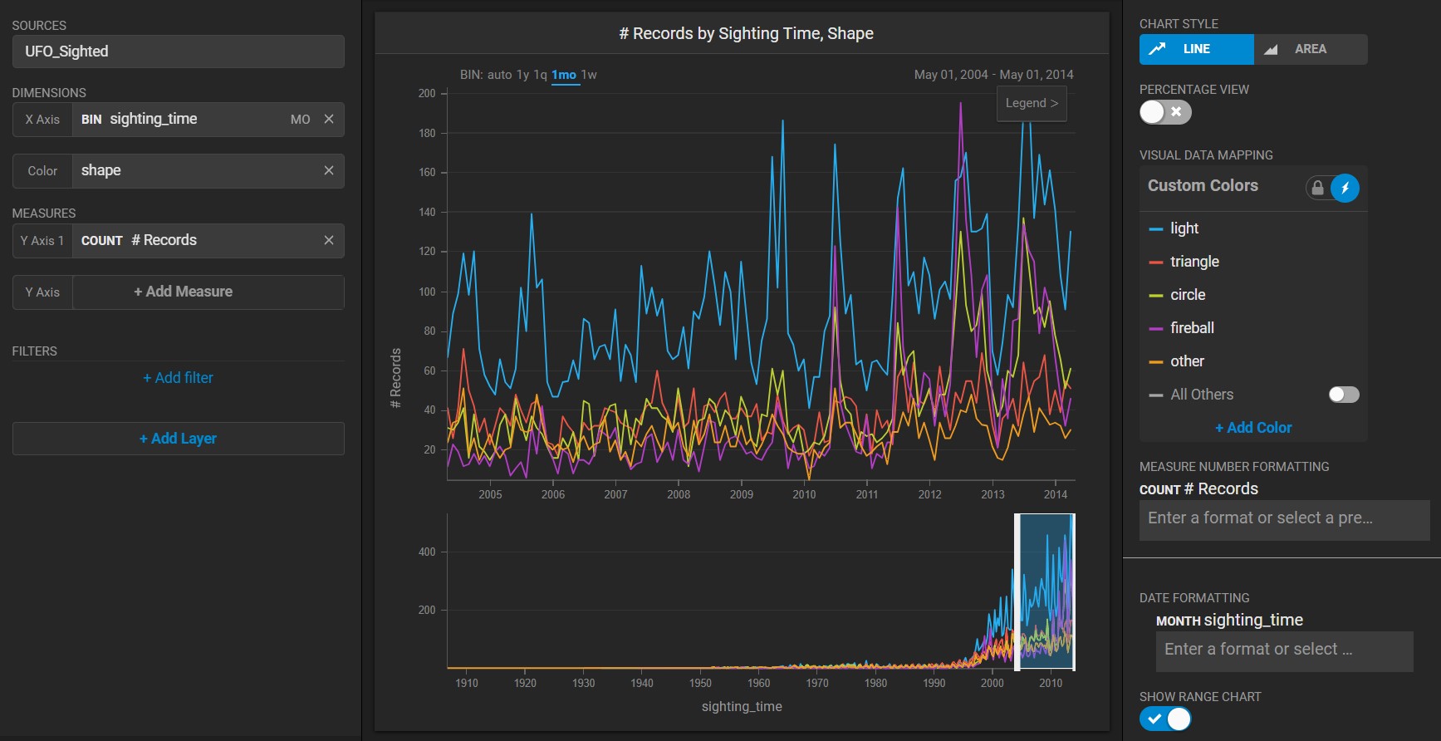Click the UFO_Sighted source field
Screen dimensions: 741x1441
click(x=178, y=52)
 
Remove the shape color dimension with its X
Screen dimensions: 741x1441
click(x=329, y=170)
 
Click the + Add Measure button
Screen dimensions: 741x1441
click(x=183, y=292)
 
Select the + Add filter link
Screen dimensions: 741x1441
click(x=178, y=378)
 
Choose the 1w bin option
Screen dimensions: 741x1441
click(x=589, y=75)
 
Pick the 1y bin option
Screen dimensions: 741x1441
click(x=522, y=75)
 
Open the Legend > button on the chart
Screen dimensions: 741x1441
click(x=1032, y=104)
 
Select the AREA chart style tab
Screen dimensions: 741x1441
click(x=1310, y=49)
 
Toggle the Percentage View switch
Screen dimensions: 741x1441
click(x=1165, y=112)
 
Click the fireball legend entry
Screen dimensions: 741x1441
click(x=1192, y=328)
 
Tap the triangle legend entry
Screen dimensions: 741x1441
click(x=1194, y=262)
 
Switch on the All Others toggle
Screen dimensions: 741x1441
click(x=1344, y=395)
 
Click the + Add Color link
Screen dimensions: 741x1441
click(x=1253, y=428)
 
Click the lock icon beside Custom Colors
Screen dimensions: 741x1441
click(x=1317, y=188)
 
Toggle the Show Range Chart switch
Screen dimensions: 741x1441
click(x=1165, y=719)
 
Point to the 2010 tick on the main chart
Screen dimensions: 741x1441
click(x=804, y=494)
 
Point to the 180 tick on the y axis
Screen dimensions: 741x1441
click(x=427, y=133)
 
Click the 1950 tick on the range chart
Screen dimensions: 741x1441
click(x=700, y=683)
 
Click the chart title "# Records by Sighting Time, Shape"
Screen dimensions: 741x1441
click(x=746, y=34)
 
